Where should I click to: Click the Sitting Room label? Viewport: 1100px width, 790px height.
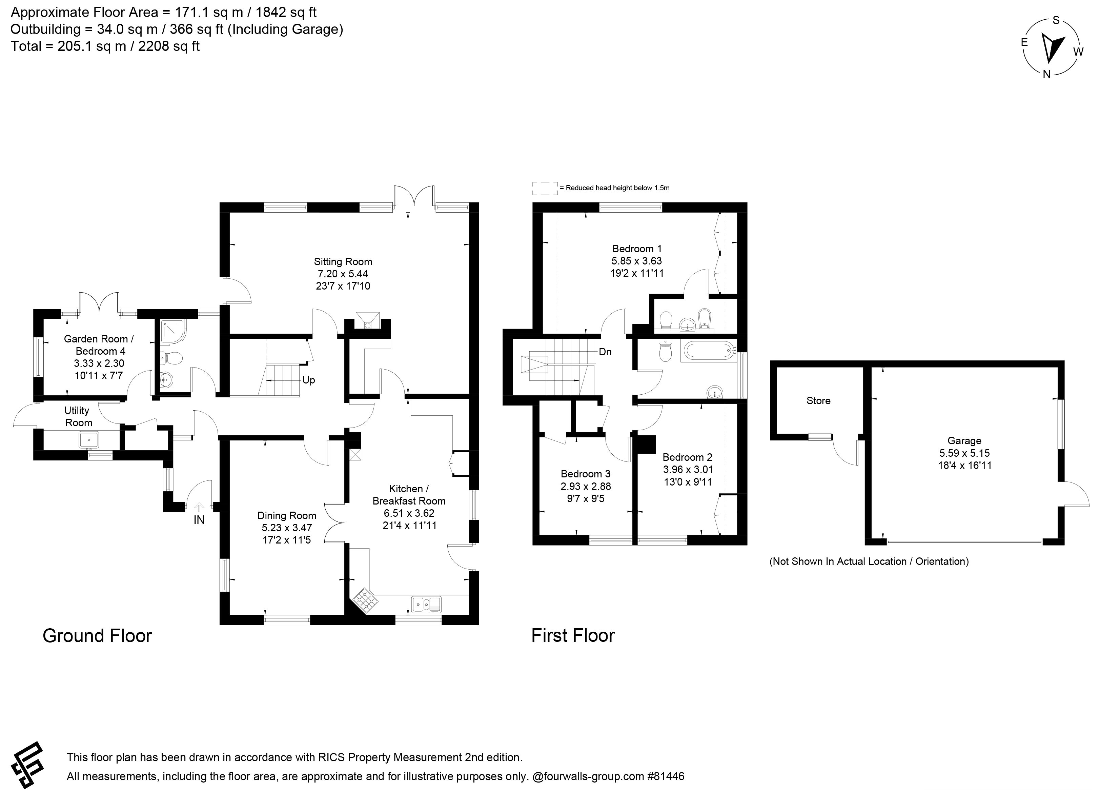(343, 261)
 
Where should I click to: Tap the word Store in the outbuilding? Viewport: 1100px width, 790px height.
(818, 400)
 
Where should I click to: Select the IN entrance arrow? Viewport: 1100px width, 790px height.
(199, 507)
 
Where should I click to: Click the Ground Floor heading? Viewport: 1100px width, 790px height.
(98, 636)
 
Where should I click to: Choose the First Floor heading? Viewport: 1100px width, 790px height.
(573, 636)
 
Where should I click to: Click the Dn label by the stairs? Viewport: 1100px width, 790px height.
(605, 352)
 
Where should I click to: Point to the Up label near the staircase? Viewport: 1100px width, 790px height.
(308, 380)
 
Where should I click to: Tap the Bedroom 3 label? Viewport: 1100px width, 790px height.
(585, 474)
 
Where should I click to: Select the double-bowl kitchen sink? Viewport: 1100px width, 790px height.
(426, 604)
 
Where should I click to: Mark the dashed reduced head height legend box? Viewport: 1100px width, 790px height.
(545, 188)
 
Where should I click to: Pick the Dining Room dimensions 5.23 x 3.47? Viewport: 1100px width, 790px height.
(287, 528)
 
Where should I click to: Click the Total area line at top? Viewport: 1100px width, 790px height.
(105, 46)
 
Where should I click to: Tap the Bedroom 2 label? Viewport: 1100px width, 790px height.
(687, 457)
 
